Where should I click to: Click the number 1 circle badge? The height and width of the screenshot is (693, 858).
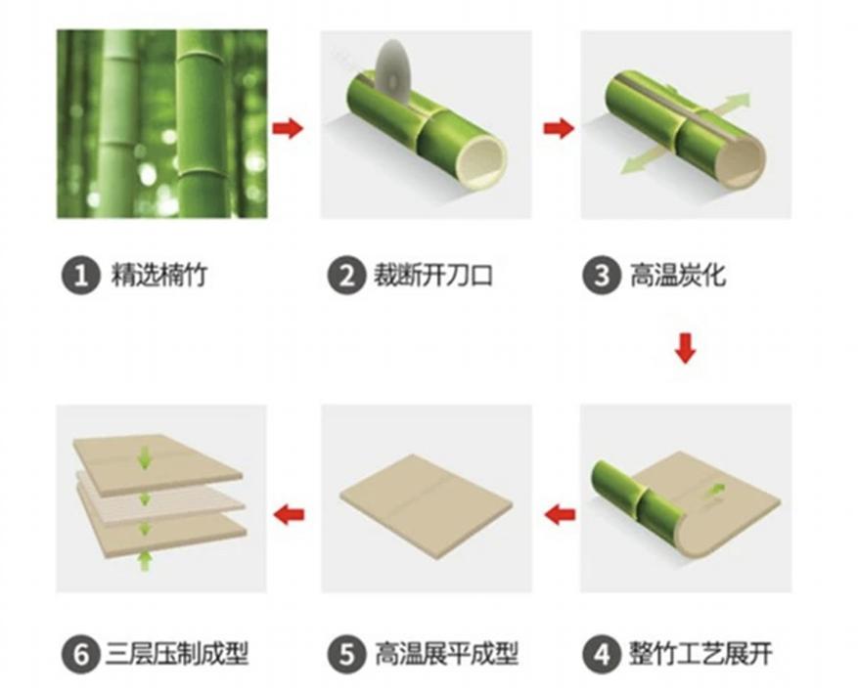pyautogui.click(x=81, y=277)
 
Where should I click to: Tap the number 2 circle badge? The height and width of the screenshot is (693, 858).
pyautogui.click(x=345, y=277)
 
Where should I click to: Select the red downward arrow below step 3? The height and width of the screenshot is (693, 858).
pyautogui.click(x=685, y=348)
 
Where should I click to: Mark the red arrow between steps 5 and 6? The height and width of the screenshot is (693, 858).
pyautogui.click(x=289, y=513)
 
